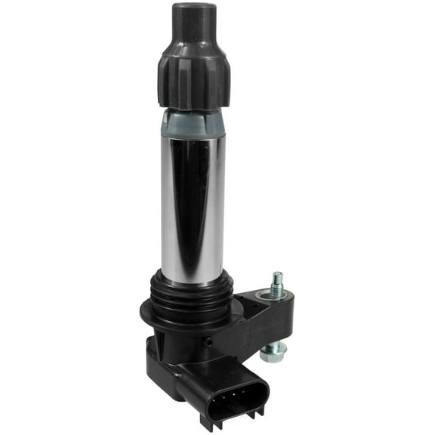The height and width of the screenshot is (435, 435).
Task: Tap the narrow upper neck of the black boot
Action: pyautogui.click(x=194, y=30)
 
